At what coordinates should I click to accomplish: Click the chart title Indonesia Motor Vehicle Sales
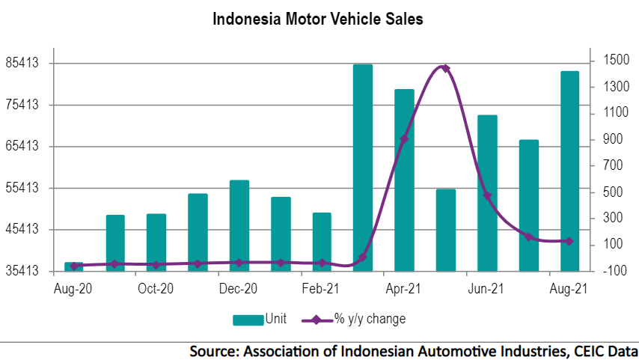[x=318, y=19]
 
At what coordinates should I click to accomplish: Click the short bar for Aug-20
[x=74, y=266]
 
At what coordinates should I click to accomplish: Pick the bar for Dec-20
[x=239, y=225]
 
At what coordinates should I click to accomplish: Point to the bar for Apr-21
[x=404, y=180]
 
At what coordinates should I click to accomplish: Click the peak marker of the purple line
[x=445, y=68]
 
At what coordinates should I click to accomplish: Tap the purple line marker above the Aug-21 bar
[x=569, y=241]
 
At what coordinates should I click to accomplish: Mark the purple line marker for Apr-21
[x=404, y=139]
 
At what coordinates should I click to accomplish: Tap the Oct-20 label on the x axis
[x=156, y=289]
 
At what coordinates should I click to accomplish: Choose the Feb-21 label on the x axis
[x=322, y=289]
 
